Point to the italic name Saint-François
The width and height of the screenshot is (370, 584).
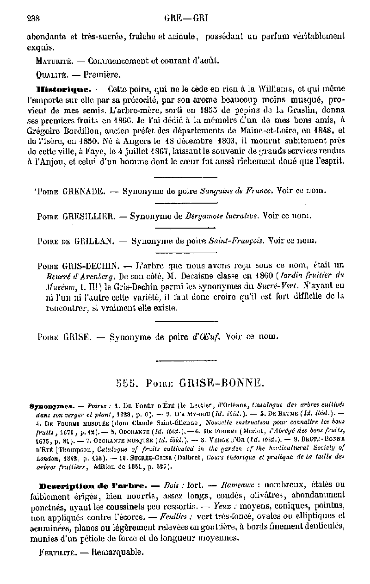click(236, 241)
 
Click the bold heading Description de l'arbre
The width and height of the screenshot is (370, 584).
click(93, 486)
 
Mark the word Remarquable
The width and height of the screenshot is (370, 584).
click(117, 552)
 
